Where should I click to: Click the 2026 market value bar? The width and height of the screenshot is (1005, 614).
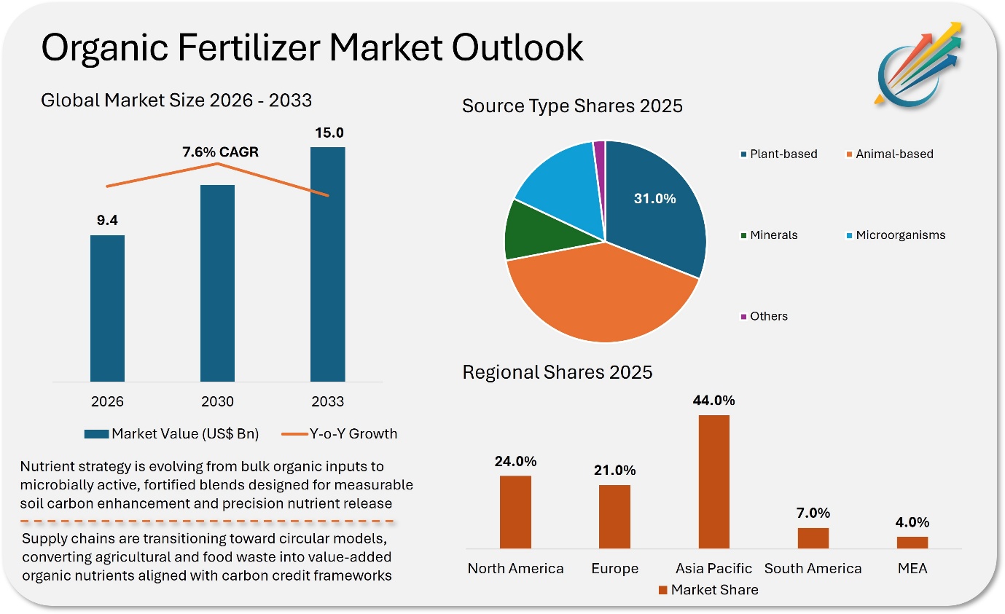point(107,307)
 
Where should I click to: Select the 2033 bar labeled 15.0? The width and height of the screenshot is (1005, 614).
point(327,264)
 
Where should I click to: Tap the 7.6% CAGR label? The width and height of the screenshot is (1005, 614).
point(220,152)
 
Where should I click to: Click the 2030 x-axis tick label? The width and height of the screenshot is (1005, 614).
point(217,401)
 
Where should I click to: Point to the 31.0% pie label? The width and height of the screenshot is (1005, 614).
point(654,198)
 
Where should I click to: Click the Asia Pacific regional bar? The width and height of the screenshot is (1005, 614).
point(713,481)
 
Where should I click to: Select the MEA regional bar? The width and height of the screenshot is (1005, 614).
point(912,542)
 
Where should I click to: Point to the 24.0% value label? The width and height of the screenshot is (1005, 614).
point(515,461)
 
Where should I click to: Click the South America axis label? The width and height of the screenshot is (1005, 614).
point(813,568)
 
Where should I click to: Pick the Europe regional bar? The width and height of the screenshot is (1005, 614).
point(614,516)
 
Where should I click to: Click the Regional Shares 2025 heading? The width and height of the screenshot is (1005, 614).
point(558,372)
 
